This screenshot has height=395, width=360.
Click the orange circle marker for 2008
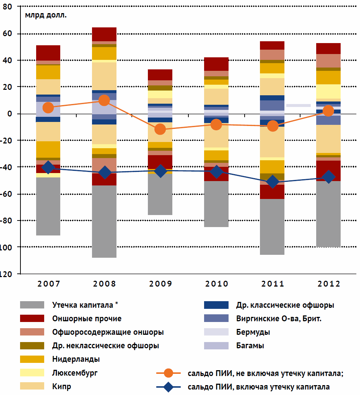104,100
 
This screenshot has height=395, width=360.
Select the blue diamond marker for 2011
273,182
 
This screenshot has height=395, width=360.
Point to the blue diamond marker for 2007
48,168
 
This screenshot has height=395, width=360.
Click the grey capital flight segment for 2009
160,194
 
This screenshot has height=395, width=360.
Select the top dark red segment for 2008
104,34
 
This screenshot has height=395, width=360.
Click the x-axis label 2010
217,284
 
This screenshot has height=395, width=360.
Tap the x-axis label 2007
48,284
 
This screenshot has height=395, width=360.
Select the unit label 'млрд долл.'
46,15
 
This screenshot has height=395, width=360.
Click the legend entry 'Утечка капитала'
85,305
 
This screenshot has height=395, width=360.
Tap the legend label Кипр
62,387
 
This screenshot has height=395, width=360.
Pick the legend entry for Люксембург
75,373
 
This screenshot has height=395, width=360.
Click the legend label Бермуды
253,332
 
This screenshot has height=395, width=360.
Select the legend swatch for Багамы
217,346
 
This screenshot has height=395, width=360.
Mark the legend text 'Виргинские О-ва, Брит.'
279,319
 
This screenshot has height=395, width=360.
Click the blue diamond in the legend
168,387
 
